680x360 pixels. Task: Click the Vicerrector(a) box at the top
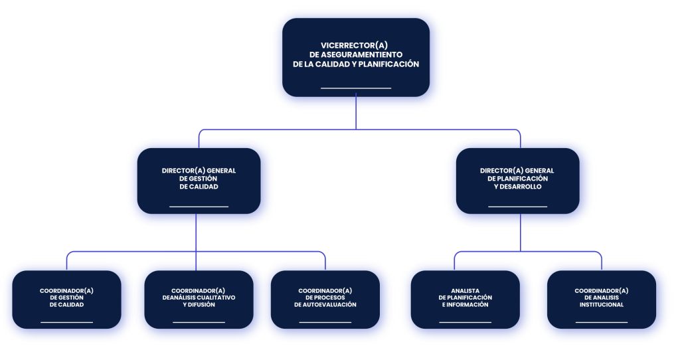click(356, 57)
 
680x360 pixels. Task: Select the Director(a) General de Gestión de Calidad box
click(199, 181)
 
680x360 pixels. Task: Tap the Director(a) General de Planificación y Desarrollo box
click(517, 181)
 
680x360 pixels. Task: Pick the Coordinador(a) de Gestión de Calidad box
click(66, 300)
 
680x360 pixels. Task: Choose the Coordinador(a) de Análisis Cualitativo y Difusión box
click(199, 300)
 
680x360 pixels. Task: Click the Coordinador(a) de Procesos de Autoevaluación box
click(325, 300)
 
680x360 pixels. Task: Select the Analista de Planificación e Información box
click(466, 300)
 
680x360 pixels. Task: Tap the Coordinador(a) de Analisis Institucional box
click(602, 300)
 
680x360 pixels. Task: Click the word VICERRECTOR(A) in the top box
click(355, 45)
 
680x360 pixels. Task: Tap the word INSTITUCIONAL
click(602, 304)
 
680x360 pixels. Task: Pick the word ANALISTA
click(466, 291)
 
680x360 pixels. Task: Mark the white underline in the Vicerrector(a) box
click(356, 88)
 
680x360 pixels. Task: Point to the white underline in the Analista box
click(466, 322)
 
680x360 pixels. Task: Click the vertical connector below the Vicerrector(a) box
click(356, 112)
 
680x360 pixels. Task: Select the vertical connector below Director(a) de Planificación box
click(521, 232)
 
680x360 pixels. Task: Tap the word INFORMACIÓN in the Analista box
click(468, 304)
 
